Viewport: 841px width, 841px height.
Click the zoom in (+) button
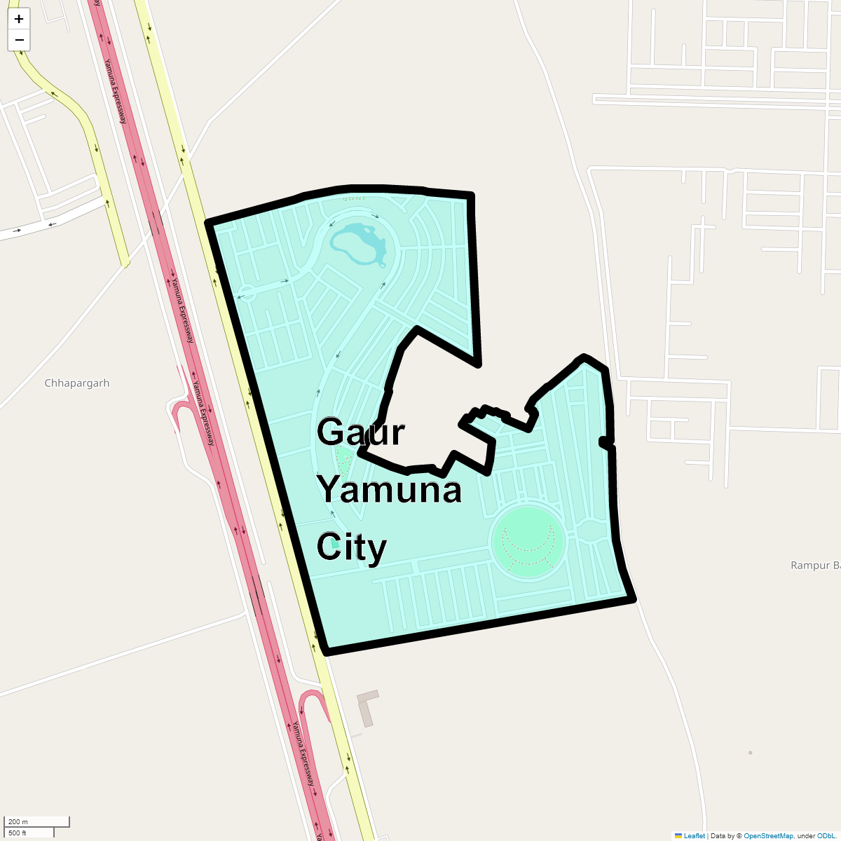coord(19,19)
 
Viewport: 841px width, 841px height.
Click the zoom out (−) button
coord(19,40)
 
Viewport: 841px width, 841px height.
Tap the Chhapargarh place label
coord(77,383)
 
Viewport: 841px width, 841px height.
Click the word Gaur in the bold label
coord(360,432)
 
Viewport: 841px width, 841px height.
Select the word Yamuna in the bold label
coord(390,489)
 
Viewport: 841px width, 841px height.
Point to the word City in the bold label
coord(351,547)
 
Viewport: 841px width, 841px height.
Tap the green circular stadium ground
coord(528,540)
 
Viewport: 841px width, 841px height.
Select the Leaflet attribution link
coord(694,836)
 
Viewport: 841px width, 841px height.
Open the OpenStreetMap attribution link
coord(768,836)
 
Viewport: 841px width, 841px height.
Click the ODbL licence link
coord(826,836)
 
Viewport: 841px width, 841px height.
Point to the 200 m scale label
coord(18,821)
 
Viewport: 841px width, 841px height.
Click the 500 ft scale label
coord(18,833)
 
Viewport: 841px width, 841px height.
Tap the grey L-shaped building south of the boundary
coord(367,708)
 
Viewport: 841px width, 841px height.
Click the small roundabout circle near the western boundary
coord(247,292)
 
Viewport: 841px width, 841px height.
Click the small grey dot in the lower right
coord(750,753)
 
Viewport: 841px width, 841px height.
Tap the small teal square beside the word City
coord(335,542)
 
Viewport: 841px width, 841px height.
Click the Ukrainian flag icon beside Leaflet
coord(678,836)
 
